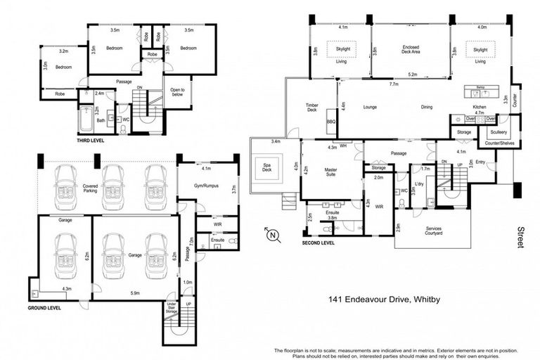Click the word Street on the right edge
click(521, 236)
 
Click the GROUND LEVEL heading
click(44, 308)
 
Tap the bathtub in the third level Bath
click(86, 120)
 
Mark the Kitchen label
click(480, 107)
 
